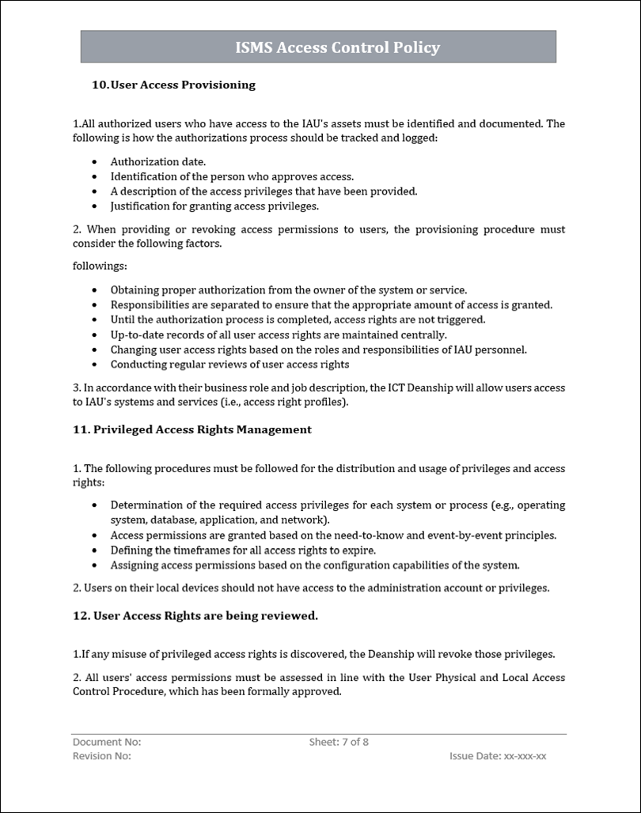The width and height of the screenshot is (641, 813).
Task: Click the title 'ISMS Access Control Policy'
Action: pyautogui.click(x=337, y=47)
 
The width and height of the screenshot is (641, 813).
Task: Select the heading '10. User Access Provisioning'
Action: pyautogui.click(x=174, y=85)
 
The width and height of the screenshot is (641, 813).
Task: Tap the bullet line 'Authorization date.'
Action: pyautogui.click(x=147, y=161)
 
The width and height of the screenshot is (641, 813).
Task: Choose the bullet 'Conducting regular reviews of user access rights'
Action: pyautogui.click(x=229, y=365)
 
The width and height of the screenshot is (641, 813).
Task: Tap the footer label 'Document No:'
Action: pyautogui.click(x=107, y=742)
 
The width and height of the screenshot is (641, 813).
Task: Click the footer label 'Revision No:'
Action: pyautogui.click(x=102, y=756)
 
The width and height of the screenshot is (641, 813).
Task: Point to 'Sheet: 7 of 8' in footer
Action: pyautogui.click(x=339, y=742)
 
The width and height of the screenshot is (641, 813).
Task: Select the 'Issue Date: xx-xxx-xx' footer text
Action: pyautogui.click(x=498, y=756)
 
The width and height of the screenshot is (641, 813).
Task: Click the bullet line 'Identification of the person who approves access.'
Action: pyautogui.click(x=232, y=176)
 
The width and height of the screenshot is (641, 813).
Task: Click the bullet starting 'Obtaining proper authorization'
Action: pyautogui.click(x=288, y=290)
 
